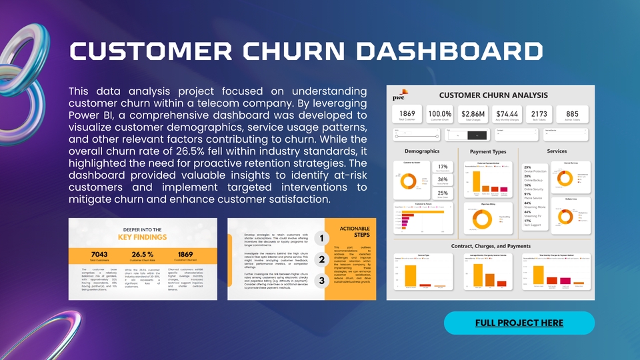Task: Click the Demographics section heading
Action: (x=421, y=151)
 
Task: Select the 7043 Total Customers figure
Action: (x=99, y=255)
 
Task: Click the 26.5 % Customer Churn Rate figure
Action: (x=143, y=255)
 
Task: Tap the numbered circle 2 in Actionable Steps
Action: (x=322, y=259)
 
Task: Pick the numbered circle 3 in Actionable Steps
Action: (x=322, y=281)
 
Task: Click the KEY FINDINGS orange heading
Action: (x=143, y=237)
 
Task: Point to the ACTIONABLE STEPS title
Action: (x=355, y=231)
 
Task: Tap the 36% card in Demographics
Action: (x=442, y=179)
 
